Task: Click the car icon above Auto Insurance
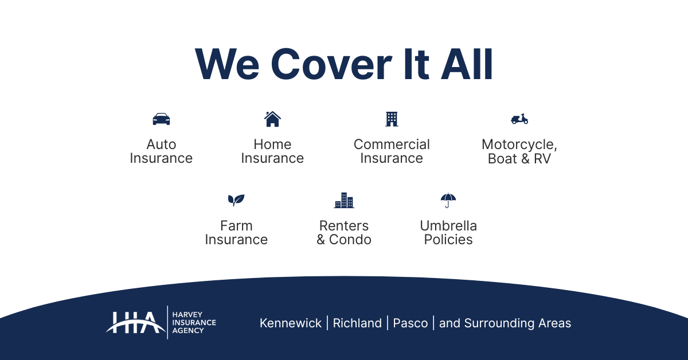(161, 119)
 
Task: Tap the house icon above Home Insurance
(272, 119)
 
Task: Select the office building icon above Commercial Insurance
(392, 119)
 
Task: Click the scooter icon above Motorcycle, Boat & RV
(519, 119)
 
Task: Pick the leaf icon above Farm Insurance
(236, 200)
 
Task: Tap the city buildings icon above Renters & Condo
(344, 200)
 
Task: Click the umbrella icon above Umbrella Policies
(448, 200)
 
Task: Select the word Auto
(161, 144)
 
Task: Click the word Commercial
(392, 144)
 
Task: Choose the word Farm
(236, 226)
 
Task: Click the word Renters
(344, 226)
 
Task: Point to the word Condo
(350, 240)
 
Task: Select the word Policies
(448, 240)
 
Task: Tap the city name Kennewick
(291, 323)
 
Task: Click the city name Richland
(357, 323)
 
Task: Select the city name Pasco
(411, 323)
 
